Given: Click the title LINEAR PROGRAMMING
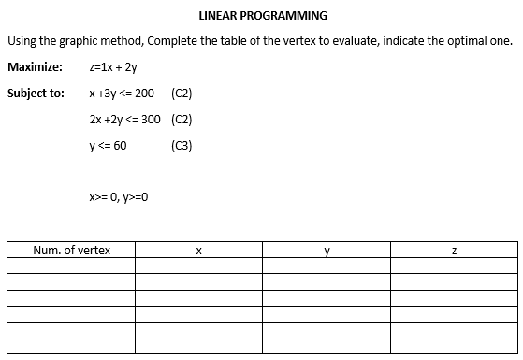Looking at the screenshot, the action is (x=263, y=16).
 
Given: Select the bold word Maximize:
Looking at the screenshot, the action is (x=35, y=67).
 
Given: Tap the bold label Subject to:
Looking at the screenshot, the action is (x=36, y=94).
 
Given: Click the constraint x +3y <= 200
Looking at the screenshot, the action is (x=121, y=94).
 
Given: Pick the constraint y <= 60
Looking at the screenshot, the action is (x=108, y=146).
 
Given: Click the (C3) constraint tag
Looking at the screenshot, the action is (x=182, y=146).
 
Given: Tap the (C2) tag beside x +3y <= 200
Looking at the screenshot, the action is (x=182, y=94).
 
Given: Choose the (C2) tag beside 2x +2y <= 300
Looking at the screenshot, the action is (x=182, y=120).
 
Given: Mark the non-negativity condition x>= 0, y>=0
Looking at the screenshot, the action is (x=119, y=197).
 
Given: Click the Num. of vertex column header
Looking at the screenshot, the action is (x=71, y=251).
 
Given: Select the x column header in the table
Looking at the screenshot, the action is (x=199, y=251).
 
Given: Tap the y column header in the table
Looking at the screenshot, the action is (x=327, y=251).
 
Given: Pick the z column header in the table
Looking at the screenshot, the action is (x=454, y=251).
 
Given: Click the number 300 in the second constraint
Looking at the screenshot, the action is (x=149, y=120).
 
